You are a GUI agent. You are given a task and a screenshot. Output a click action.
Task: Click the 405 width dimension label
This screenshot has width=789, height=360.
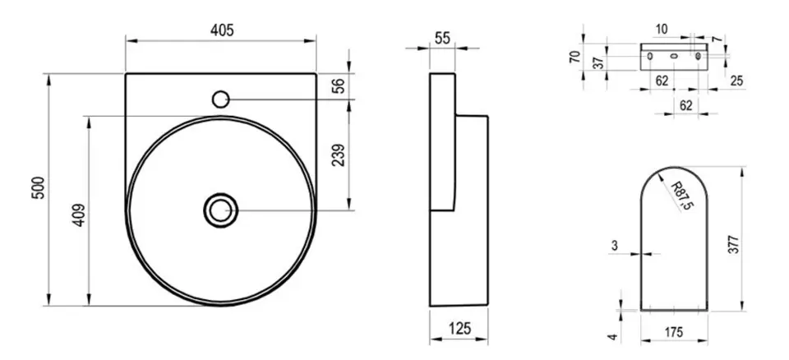pyautogui.click(x=222, y=30)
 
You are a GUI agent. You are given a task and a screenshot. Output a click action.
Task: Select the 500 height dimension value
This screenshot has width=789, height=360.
pyautogui.click(x=39, y=187)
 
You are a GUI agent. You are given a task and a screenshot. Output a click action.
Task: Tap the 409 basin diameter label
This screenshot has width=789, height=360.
pyautogui.click(x=79, y=215)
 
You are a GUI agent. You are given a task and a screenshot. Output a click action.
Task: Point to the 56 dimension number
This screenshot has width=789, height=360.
pyautogui.click(x=339, y=86)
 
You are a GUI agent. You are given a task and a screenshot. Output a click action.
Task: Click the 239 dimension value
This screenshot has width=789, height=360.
pyautogui.click(x=339, y=155)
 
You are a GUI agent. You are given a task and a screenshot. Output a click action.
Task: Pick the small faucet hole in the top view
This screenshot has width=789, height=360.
pyautogui.click(x=220, y=99)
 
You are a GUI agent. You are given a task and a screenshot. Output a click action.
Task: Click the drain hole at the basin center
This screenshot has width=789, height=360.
pyautogui.click(x=220, y=210)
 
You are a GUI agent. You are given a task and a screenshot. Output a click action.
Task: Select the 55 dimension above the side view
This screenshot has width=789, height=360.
pyautogui.click(x=442, y=39)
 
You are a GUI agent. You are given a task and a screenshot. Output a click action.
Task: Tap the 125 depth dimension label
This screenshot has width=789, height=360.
pyautogui.click(x=459, y=329)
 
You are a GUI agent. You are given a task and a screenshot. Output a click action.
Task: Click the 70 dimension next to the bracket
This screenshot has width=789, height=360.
pyautogui.click(x=575, y=57)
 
